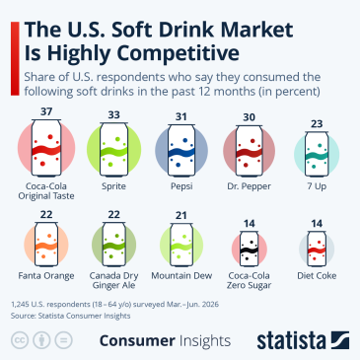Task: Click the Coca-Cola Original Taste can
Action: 46,148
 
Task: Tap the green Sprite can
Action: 114,150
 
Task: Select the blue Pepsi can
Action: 181,151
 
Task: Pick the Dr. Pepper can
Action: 249,151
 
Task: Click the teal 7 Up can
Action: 317,154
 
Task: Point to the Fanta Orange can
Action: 46,244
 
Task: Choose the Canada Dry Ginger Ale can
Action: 114,244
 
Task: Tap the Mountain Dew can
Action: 181,245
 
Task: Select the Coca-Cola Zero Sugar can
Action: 250,249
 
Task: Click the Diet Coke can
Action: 317,249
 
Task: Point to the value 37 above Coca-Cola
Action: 46,111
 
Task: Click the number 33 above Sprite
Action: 114,114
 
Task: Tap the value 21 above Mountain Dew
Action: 181,215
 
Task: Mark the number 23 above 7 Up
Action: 317,124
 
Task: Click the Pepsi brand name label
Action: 181,186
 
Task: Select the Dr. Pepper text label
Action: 250,186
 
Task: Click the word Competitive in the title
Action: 178,53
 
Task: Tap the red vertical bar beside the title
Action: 15,58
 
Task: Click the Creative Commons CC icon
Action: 20,340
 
